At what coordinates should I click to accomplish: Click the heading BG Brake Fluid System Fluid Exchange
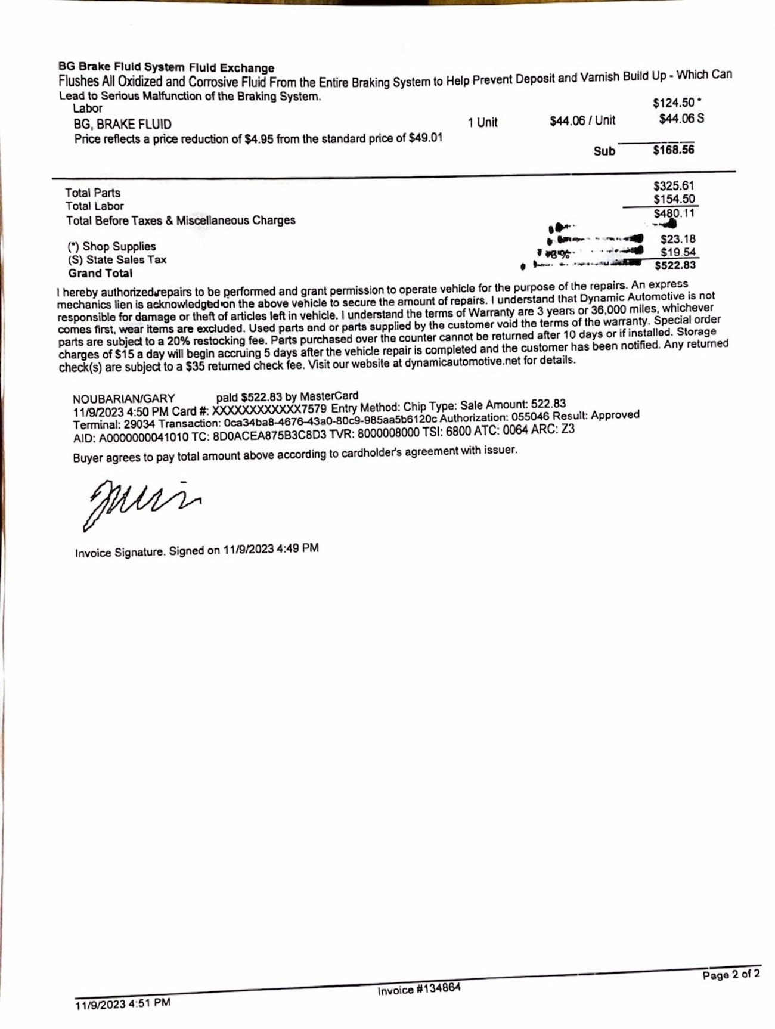166,67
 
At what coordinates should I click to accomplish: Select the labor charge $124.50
674,103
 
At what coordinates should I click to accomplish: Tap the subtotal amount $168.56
673,150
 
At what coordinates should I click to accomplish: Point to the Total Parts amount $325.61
674,186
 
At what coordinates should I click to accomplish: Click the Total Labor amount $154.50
674,199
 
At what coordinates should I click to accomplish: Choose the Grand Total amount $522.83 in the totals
675,265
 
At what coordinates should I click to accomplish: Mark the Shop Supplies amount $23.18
678,239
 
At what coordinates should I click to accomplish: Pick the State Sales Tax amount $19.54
678,252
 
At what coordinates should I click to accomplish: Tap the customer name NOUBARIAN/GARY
124,399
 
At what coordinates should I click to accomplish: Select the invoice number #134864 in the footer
418,988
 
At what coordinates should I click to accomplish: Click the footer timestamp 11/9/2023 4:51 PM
123,1004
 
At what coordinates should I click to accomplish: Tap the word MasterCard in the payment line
329,396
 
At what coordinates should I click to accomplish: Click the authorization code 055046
531,417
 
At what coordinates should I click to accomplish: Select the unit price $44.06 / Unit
582,121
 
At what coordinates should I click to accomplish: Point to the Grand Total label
100,274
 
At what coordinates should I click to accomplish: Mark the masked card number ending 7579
269,410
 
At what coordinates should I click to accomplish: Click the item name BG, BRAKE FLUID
122,125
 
